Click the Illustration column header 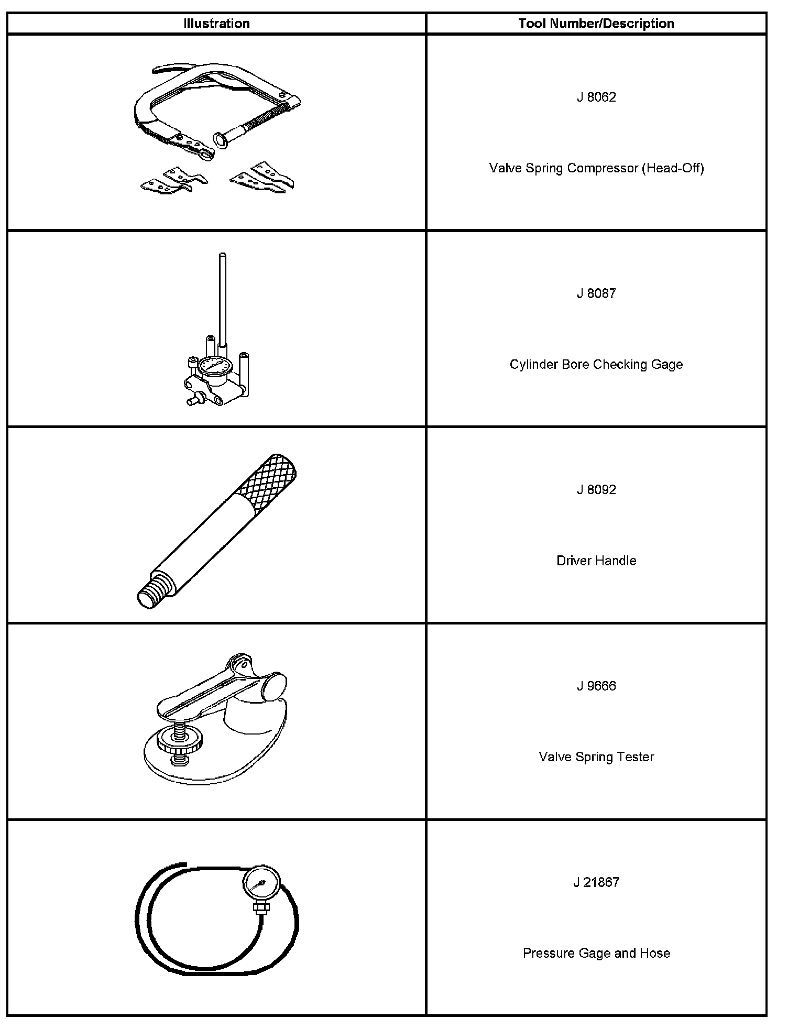(x=216, y=24)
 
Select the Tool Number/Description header (x=596, y=24)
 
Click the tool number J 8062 (x=596, y=97)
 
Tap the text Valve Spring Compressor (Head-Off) (x=596, y=168)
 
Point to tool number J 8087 (x=596, y=293)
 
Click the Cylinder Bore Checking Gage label (x=596, y=365)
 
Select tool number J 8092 (x=596, y=490)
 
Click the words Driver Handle (x=596, y=561)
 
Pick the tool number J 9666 (x=596, y=686)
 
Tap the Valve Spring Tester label (x=596, y=757)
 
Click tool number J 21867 (x=596, y=882)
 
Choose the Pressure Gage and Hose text (x=596, y=953)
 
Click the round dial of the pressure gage (x=261, y=885)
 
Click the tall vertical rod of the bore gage (x=223, y=299)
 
